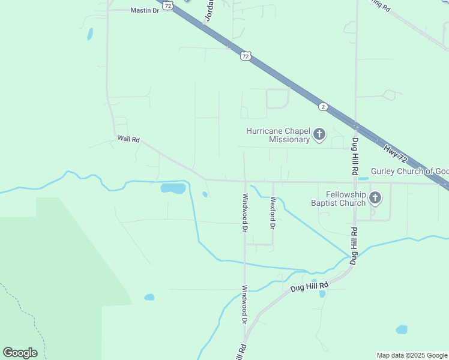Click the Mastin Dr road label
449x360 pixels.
(x=145, y=10)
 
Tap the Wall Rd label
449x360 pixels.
(x=128, y=139)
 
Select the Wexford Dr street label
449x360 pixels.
(x=273, y=213)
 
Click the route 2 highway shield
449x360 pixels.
(x=324, y=106)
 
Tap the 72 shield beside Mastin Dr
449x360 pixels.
(x=168, y=5)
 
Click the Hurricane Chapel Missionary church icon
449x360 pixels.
(x=319, y=134)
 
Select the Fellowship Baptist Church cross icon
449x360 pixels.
(x=375, y=197)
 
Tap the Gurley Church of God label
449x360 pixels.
(x=410, y=172)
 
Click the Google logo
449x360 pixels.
(x=20, y=352)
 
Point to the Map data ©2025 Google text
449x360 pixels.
(x=412, y=355)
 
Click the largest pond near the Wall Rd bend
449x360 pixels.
(x=173, y=189)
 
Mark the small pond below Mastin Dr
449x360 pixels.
(x=90, y=34)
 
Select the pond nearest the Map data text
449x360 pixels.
(x=402, y=329)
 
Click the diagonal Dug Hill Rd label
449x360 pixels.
(x=309, y=287)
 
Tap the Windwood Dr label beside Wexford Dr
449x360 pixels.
(x=245, y=213)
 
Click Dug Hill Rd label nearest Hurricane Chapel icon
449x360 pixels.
(x=355, y=157)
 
